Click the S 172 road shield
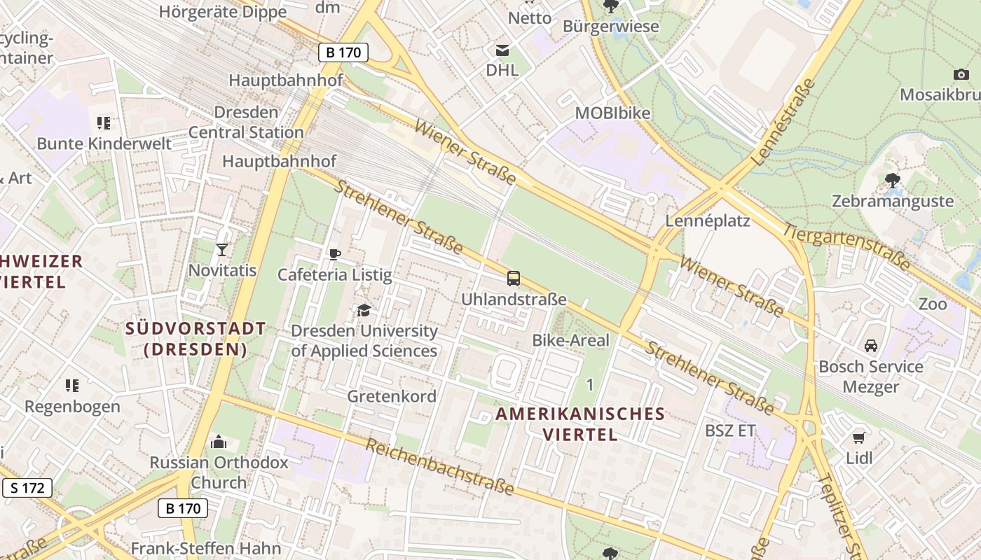27,488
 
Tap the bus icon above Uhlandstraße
514,279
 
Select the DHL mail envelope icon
502,50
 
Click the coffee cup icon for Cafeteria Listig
334,254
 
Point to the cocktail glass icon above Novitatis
222,250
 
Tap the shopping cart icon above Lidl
859,438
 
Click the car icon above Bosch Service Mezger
870,346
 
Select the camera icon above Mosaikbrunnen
961,74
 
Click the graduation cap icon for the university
364,310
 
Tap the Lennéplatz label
707,221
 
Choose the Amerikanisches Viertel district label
580,423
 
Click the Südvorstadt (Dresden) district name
195,339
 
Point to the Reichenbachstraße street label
440,468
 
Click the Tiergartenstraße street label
846,247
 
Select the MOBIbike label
612,113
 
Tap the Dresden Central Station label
246,122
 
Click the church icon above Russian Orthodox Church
219,442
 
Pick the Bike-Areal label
570,340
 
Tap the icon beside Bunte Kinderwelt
104,124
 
